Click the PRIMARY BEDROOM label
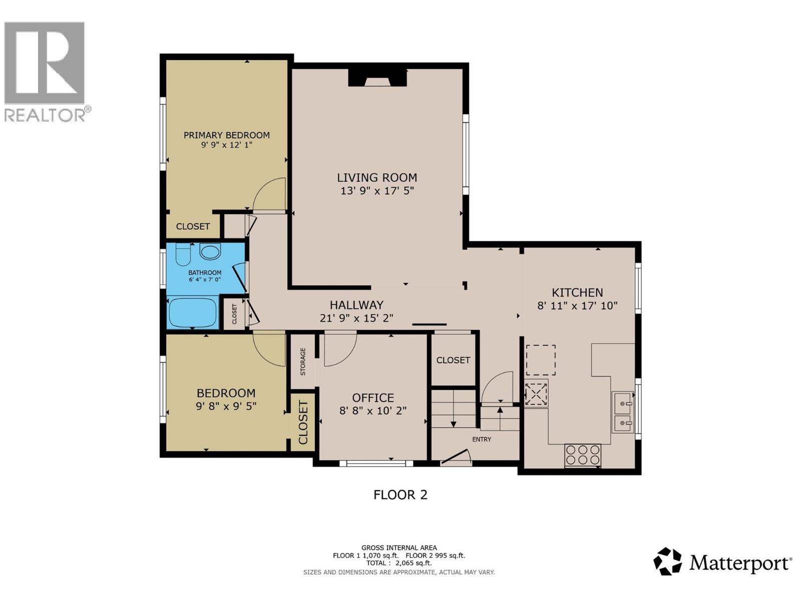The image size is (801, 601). [226, 135]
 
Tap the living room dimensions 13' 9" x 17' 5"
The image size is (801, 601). [377, 191]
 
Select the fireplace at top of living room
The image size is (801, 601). [377, 79]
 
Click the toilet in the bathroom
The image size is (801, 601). [183, 254]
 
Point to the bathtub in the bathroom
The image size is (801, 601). [193, 313]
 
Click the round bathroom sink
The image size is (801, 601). [210, 251]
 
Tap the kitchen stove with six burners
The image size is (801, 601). [582, 455]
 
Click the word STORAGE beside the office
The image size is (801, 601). [303, 362]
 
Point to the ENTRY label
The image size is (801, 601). [482, 439]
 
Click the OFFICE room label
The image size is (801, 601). [373, 398]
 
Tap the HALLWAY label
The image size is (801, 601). [356, 305]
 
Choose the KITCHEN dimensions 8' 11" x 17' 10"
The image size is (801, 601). [577, 306]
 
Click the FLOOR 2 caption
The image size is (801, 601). [400, 495]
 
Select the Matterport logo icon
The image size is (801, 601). [667, 561]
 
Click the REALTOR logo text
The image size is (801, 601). [45, 115]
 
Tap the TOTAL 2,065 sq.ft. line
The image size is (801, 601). [399, 563]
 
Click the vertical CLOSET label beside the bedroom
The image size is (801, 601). [303, 422]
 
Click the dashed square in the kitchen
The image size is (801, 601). [540, 360]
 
